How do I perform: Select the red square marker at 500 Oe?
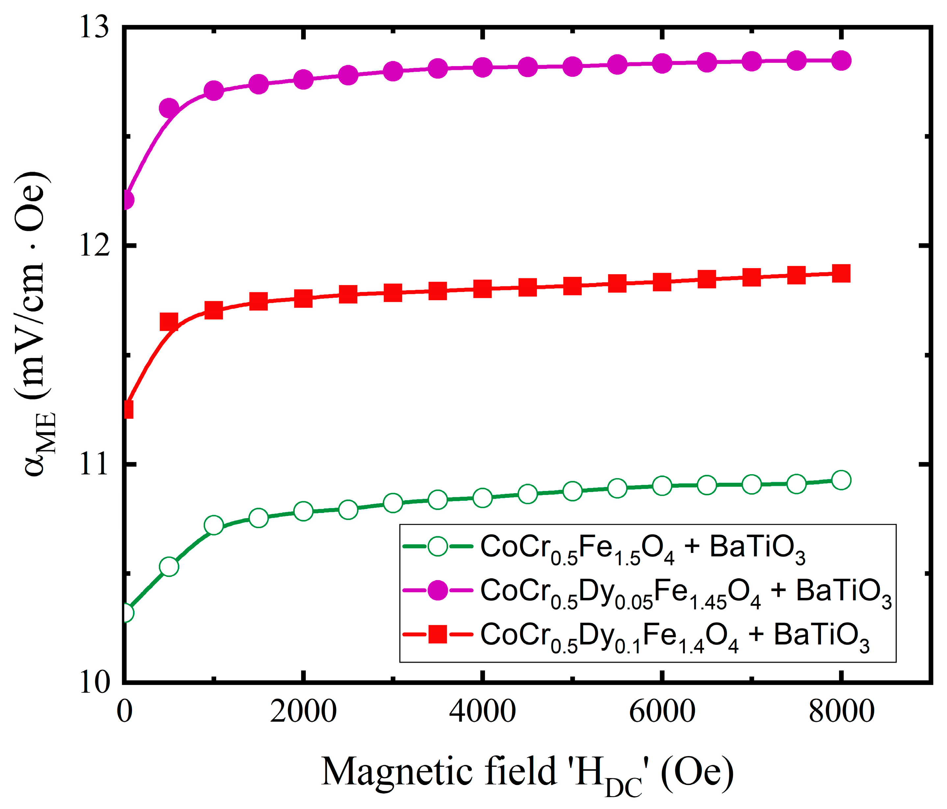point(169,322)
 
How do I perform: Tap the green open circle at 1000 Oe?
point(214,525)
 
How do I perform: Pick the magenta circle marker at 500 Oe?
point(169,108)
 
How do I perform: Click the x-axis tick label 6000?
point(662,712)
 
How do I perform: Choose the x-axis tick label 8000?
point(841,712)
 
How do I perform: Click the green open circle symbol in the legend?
point(437,546)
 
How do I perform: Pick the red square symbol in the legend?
point(437,635)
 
